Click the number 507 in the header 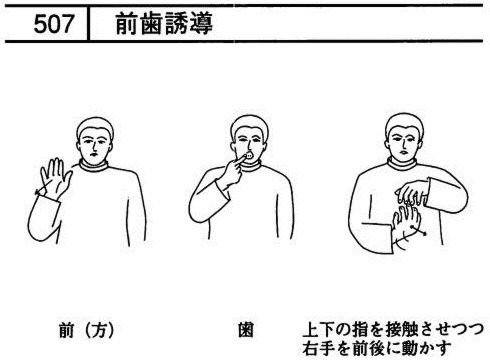pos(53,24)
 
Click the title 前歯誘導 pos(164,24)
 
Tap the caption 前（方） pos(87,330)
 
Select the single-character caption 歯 pos(246,330)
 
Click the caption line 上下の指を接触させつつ pos(393,330)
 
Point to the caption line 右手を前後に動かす pos(377,348)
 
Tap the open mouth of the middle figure pos(249,155)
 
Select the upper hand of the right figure pos(411,192)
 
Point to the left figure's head pos(95,141)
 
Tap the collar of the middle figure pos(252,166)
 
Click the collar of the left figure pos(94,166)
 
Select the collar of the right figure pos(402,164)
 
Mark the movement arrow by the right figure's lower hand pos(419,231)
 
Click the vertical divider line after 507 pos(88,23)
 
